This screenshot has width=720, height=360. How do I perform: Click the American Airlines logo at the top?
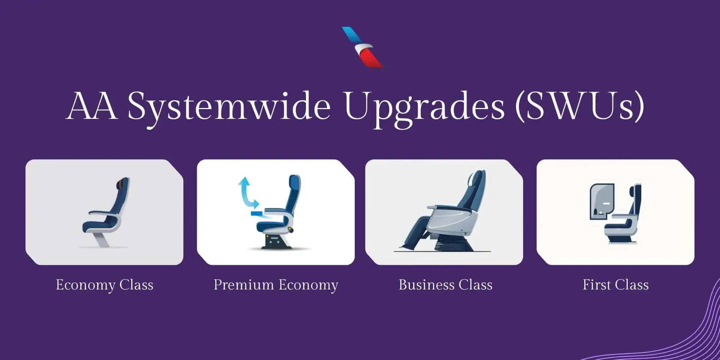coord(362,47)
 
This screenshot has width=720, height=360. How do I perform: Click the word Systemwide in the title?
coord(229,107)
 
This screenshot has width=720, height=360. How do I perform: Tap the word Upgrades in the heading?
coord(424,107)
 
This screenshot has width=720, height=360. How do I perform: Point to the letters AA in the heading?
coord(91,106)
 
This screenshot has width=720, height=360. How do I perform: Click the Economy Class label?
coord(105,285)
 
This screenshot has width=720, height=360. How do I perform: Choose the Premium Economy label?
coord(276,285)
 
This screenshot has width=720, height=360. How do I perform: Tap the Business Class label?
coord(445,285)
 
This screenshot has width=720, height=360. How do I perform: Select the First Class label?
coord(616,285)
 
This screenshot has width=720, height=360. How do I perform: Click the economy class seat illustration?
coord(106,212)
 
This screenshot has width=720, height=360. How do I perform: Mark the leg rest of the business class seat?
coord(416,232)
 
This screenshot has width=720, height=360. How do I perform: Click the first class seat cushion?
coord(617,225)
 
